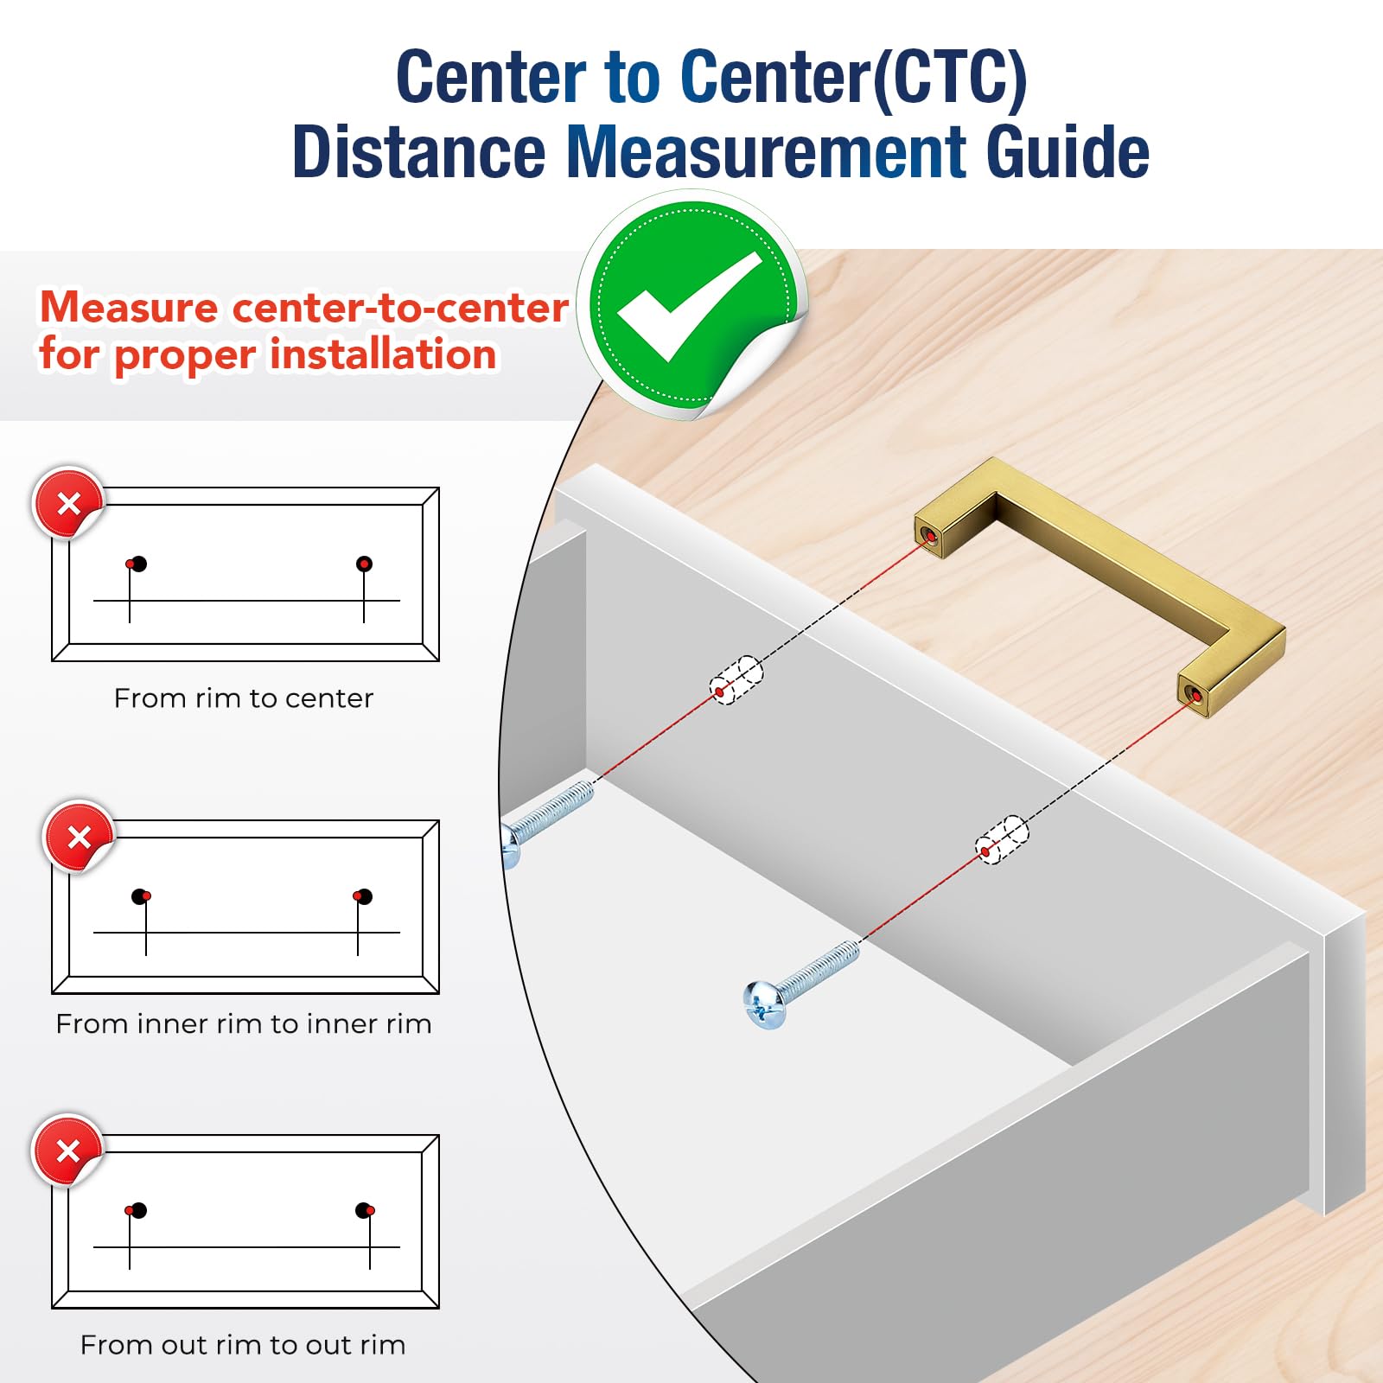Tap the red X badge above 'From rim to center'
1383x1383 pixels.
point(68,503)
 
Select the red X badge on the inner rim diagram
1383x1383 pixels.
point(79,837)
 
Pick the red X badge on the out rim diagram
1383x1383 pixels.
point(67,1150)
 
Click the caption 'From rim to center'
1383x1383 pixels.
point(244,698)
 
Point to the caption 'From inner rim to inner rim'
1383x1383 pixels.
point(244,1023)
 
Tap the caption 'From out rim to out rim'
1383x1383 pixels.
point(243,1345)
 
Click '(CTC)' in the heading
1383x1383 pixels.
point(949,78)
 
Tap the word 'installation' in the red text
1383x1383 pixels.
point(383,354)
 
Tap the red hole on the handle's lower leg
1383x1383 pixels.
point(1194,695)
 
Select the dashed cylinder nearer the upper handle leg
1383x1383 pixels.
point(736,680)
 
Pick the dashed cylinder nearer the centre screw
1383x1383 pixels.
point(1002,839)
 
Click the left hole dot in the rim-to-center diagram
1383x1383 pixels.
point(137,564)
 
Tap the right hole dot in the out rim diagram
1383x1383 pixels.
point(365,1210)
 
